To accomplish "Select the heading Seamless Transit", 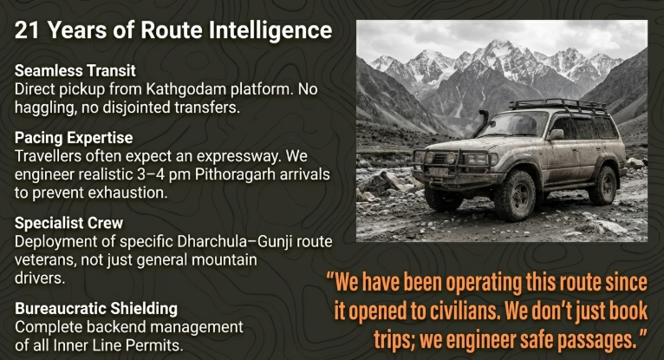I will coord(75,70).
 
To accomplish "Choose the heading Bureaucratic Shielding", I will coord(96,308).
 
